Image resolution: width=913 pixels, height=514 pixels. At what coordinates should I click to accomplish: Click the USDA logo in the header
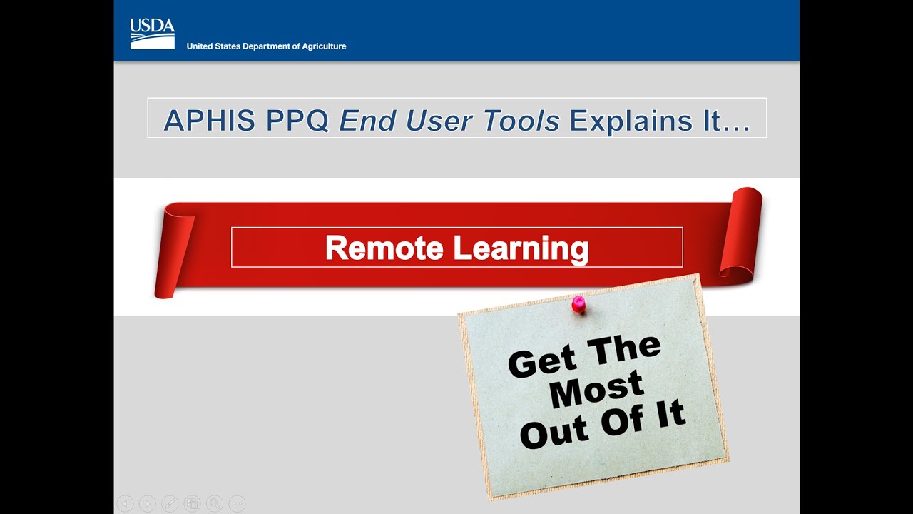click(152, 33)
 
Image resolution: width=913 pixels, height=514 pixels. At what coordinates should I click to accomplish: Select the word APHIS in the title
click(209, 121)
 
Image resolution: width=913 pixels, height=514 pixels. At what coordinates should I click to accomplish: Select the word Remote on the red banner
click(384, 248)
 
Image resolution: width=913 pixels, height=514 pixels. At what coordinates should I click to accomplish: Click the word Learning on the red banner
click(521, 248)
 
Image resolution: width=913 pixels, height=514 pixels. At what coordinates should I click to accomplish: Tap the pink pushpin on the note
click(578, 303)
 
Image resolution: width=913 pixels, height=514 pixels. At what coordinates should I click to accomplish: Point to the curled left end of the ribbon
click(175, 250)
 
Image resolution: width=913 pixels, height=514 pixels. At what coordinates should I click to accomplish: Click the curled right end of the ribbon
click(742, 232)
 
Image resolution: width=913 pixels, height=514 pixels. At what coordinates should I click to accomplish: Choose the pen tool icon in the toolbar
click(170, 503)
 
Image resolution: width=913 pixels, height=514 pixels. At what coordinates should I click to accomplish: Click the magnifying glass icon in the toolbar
click(215, 503)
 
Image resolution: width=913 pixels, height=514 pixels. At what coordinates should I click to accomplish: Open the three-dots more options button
click(238, 503)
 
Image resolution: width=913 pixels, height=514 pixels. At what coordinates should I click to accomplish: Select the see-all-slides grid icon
click(192, 503)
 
